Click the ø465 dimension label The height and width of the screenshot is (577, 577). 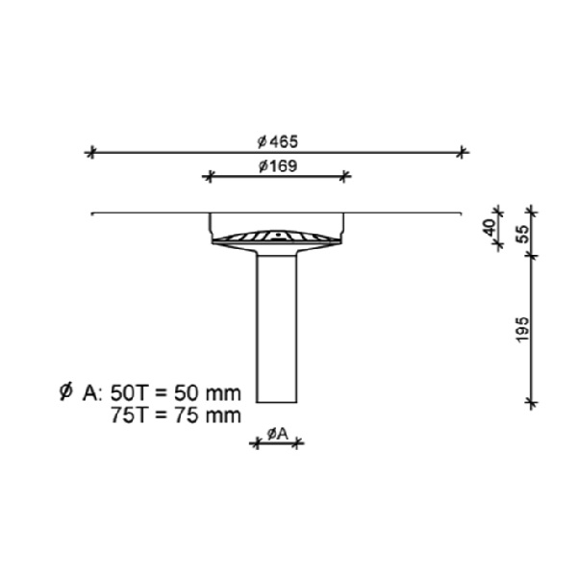point(277,141)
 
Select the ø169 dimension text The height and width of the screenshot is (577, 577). point(278,166)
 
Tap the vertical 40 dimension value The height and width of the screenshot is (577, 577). point(489,228)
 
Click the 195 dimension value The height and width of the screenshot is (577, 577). point(522,330)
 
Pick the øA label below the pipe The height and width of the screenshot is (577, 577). point(277,435)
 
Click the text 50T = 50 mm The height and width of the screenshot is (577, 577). point(176,393)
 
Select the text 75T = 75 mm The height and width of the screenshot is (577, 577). point(176,415)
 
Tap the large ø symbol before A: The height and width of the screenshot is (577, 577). point(65,391)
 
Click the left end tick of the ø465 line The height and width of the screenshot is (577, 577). point(91,152)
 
